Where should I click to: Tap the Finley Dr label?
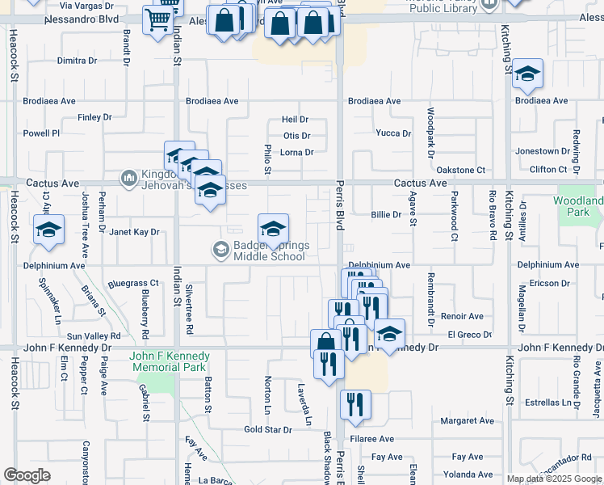[94, 117]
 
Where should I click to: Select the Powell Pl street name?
[41, 133]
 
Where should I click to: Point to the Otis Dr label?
[296, 136]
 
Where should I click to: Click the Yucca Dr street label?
[394, 133]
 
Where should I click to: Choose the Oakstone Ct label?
[460, 170]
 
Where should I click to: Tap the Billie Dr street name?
[386, 214]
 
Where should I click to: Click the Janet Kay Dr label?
[133, 231]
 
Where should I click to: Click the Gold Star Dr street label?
[268, 429]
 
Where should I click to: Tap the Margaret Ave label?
[467, 421]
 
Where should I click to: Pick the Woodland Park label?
[578, 206]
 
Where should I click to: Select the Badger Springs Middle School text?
[269, 251]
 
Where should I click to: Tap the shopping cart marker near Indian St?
[158, 19]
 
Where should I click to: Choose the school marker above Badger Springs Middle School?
[273, 228]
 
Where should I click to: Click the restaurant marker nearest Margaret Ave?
[355, 405]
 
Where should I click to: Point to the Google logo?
[27, 475]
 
